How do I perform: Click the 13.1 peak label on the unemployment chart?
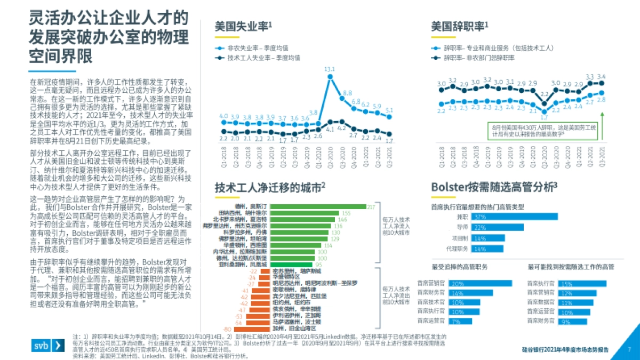point(330,69)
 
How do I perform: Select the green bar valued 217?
point(318,206)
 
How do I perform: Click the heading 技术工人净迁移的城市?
point(270,188)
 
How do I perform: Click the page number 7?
point(629,349)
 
